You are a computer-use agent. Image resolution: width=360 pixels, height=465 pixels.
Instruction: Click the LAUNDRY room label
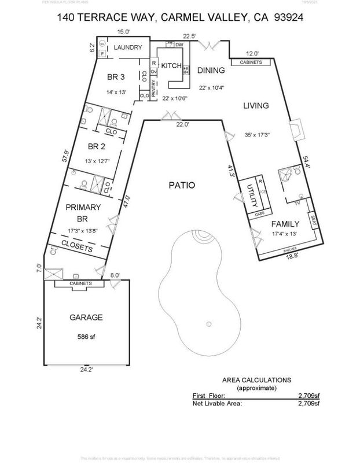coord(127,47)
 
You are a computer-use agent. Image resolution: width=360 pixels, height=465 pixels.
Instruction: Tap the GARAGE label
coord(86,318)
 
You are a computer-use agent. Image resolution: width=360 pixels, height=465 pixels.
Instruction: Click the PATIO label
coord(182,186)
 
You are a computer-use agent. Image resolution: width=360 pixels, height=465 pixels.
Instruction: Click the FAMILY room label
coord(285,224)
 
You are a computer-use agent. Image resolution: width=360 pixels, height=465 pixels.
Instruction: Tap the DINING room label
coord(210,70)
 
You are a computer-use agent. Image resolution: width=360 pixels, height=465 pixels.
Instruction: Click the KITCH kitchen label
coord(172,65)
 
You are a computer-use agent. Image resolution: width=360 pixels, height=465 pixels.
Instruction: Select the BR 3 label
coord(116,77)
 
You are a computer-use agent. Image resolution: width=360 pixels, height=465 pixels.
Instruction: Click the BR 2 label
coord(95,146)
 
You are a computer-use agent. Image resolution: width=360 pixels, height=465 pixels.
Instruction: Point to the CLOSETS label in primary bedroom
coord(78,248)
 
